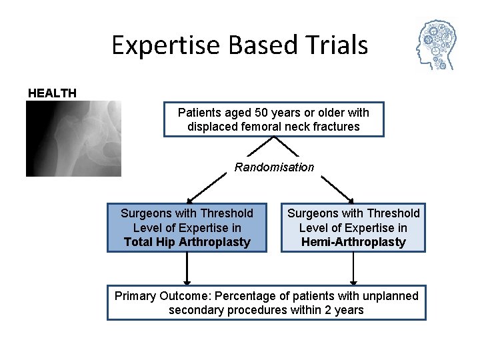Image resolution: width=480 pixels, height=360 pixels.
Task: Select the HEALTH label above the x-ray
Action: click(x=52, y=93)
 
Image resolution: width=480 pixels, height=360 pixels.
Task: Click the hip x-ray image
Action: click(x=73, y=138)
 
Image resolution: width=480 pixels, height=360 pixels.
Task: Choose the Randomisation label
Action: click(x=274, y=167)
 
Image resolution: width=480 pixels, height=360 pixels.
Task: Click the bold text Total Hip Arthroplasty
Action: click(x=187, y=242)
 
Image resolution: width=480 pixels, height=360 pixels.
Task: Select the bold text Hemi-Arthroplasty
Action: click(x=353, y=242)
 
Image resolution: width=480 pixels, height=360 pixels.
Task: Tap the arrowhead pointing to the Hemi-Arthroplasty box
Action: click(x=351, y=199)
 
